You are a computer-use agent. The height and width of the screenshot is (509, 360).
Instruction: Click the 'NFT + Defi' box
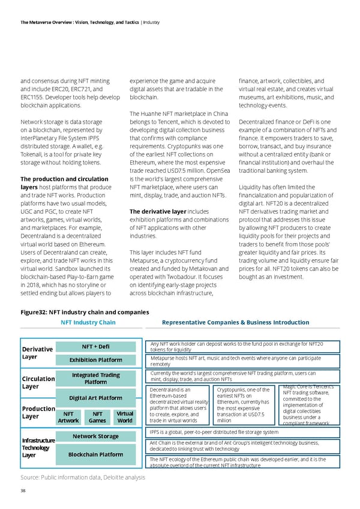point(96,346)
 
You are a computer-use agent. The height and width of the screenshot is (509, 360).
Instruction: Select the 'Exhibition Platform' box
point(96,360)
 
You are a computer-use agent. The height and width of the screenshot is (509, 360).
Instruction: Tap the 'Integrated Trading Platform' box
point(96,379)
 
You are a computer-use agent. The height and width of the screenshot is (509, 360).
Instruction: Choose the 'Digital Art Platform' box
point(96,397)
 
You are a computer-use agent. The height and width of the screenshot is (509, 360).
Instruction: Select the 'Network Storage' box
point(96,436)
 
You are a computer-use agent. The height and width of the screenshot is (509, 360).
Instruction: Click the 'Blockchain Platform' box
point(96,454)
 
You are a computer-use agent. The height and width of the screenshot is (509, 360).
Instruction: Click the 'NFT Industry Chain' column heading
point(88,322)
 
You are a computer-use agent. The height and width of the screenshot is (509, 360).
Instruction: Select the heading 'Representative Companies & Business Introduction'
point(235,322)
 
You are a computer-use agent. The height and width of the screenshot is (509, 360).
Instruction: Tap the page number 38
point(23,489)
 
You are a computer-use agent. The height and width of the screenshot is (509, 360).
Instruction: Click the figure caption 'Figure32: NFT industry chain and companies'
point(84,312)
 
